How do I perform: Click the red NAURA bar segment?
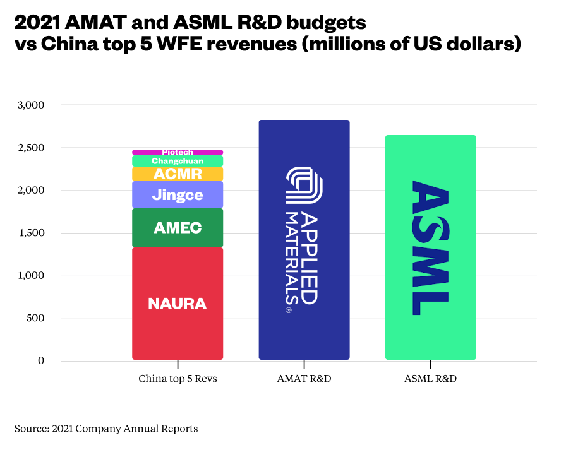point(177,304)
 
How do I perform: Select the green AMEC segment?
point(177,228)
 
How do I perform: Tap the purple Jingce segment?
point(177,195)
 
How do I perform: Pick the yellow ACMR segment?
point(177,174)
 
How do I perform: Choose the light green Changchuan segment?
point(177,161)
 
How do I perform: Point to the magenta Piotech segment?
point(177,152)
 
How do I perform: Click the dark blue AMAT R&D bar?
point(304,240)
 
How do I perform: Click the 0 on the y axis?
point(40,360)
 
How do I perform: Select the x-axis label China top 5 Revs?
point(177,379)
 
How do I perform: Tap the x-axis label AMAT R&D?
point(304,379)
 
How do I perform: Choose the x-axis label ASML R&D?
point(430,379)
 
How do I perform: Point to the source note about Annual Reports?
point(106,429)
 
